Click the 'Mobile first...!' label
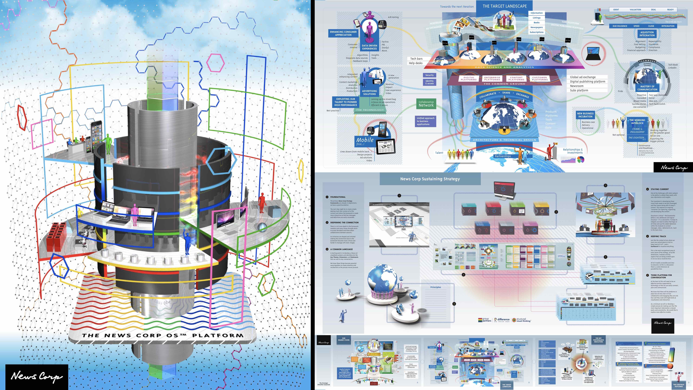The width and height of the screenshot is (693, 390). coord(365,141)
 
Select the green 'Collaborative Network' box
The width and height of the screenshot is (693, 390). coord(426,104)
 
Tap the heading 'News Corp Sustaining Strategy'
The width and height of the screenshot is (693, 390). coord(430,179)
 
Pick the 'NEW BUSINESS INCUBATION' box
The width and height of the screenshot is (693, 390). coord(585,115)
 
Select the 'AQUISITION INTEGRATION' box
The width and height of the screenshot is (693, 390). coord(647,34)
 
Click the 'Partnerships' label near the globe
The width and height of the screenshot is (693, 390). coord(503,156)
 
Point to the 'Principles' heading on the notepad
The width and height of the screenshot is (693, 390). coord(436,287)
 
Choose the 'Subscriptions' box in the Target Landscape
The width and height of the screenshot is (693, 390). coord(536,32)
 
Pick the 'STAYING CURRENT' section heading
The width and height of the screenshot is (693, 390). coord(660,189)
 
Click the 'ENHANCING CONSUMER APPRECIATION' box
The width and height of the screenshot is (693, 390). coord(343,33)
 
